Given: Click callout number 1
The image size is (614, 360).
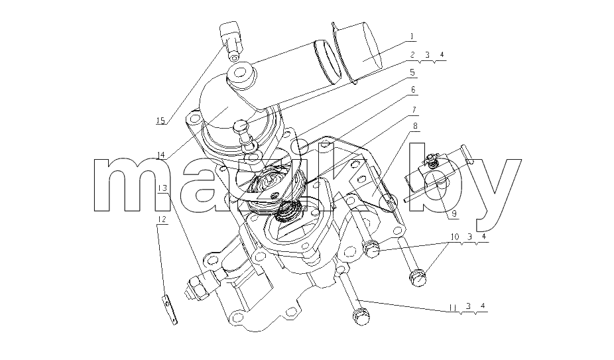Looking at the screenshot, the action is point(411,36).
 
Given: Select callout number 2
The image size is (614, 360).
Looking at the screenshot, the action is point(412,55).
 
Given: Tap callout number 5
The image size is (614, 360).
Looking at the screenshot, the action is point(412,72).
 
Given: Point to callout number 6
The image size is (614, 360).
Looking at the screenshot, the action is point(413,90).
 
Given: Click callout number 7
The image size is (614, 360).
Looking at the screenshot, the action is point(414,109).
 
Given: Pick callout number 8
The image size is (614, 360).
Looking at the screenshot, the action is point(415,126).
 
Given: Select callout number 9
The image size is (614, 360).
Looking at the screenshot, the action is point(454,214).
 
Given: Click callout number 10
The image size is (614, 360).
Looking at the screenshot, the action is point(455,237).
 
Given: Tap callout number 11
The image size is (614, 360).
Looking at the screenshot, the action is point(453,308).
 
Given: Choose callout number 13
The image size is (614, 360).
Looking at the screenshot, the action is point(162,188).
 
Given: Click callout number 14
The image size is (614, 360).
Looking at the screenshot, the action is point(160,156).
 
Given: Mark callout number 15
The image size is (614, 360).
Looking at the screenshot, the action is point(160,120).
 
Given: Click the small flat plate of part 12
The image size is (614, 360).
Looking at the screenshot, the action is point(170,310).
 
